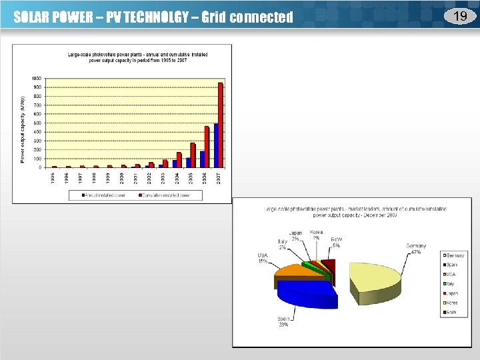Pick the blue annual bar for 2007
(216, 145)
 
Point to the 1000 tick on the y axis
(36, 78)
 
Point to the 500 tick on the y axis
(37, 123)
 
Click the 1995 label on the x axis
(54, 178)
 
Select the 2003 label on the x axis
(163, 178)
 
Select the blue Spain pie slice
(303, 293)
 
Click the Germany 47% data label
(415, 249)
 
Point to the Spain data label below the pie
(283, 321)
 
